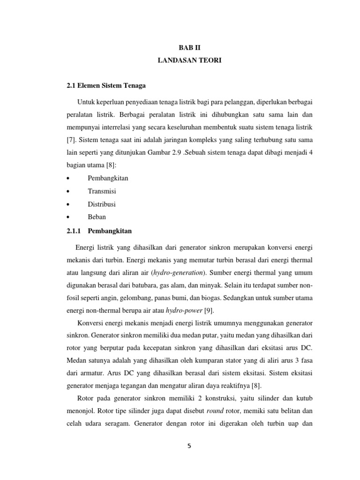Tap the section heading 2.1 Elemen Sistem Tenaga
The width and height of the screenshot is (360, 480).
click(107, 85)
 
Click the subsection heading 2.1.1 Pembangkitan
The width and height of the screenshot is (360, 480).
click(99, 231)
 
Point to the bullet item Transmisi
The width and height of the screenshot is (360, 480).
click(102, 191)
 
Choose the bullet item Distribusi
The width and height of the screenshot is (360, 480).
click(102, 204)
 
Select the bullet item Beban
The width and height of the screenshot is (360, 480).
click(97, 217)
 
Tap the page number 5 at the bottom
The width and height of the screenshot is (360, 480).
click(189, 446)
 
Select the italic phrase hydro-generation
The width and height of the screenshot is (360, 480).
click(162, 272)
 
